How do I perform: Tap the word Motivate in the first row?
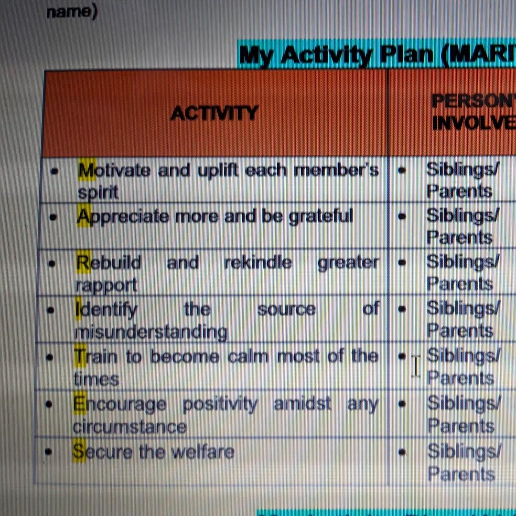(x=114, y=171)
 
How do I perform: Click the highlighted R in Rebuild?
(x=83, y=263)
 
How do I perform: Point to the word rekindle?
(x=258, y=263)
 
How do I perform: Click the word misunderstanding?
(x=151, y=332)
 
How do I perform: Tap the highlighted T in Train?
(x=79, y=356)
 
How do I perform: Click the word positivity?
(x=220, y=404)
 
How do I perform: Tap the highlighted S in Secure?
(x=79, y=452)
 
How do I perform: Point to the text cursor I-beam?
(x=416, y=366)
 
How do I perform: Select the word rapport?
(x=106, y=285)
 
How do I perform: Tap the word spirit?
(x=98, y=193)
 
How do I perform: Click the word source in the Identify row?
(x=287, y=310)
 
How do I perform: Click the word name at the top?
(x=72, y=11)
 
